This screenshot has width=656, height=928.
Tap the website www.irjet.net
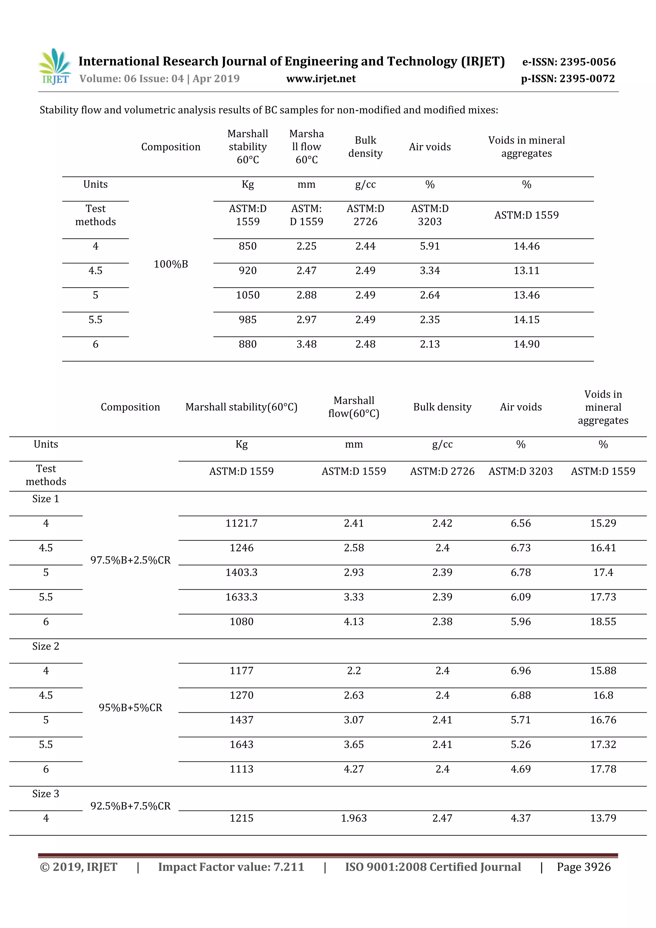[321, 78]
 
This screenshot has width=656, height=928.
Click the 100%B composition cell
[171, 264]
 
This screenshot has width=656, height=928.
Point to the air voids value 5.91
[429, 246]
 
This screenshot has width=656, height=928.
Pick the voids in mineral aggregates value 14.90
[526, 344]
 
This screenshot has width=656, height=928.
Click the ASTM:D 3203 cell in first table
[429, 215]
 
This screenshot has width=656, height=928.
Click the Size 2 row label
[46, 646]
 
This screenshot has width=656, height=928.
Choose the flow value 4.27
[354, 769]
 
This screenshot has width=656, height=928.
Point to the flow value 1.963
[354, 818]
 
